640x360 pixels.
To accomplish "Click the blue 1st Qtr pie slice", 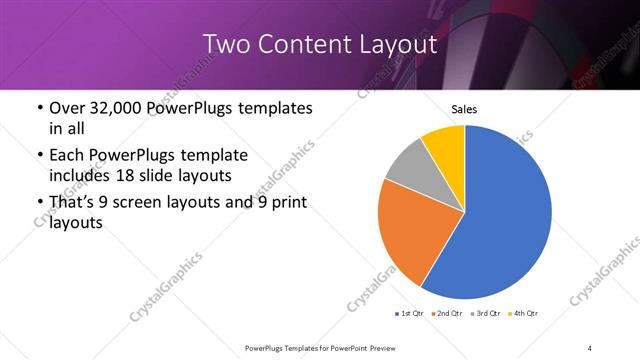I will point(510,220).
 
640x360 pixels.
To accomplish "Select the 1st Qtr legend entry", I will point(410,314).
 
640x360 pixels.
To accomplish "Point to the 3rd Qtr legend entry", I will point(486,314).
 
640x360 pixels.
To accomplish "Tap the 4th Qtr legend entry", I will point(524,314).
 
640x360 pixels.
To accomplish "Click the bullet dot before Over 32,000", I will point(38,108).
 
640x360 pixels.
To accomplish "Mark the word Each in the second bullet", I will point(67,156).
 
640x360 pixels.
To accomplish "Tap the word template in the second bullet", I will point(212,156).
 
